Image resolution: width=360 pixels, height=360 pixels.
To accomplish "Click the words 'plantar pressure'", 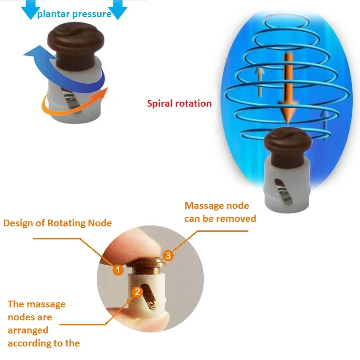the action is (x=74, y=14).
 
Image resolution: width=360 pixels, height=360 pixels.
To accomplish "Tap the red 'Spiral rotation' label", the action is (x=179, y=103).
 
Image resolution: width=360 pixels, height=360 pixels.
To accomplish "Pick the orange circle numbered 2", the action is (x=138, y=292).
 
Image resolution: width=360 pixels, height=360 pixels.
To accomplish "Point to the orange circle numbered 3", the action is (x=168, y=256).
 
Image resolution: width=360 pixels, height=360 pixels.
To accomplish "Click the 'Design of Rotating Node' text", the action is (x=57, y=223).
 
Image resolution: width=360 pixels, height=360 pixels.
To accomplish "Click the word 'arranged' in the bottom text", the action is (x=28, y=330).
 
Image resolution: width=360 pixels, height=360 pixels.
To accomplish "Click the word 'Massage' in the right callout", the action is (x=204, y=206).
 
